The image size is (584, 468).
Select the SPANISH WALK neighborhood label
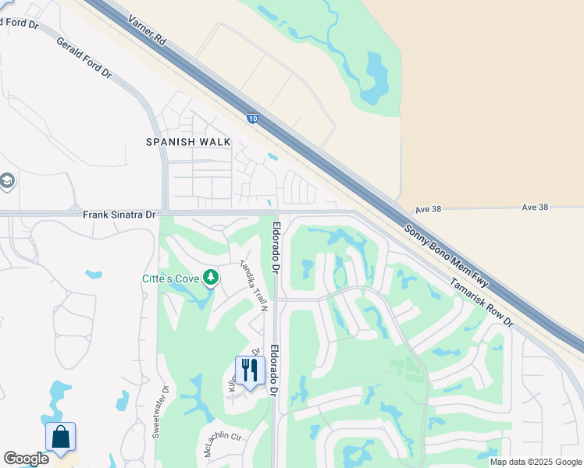pos(188,141)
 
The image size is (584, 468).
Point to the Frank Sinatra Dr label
pos(119,214)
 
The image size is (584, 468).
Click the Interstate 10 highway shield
pos(252,119)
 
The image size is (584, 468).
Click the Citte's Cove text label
pos(169,278)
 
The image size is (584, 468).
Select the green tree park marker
pos(211,278)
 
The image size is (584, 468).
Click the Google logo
pos(26,459)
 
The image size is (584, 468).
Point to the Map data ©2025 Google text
pos(535,462)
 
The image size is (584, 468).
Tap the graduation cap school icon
pos(6,183)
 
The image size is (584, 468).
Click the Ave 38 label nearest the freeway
pos(429,209)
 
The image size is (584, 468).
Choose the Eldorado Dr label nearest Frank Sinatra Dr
pos(276,247)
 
